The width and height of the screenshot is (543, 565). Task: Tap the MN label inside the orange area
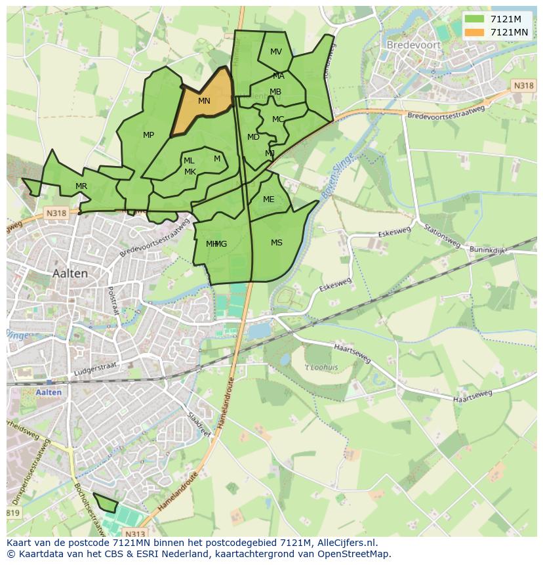tap(204, 101)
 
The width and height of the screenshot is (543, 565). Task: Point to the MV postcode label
tap(276, 52)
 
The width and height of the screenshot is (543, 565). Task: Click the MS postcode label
tap(277, 243)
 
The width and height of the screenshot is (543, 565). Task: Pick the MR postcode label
tap(81, 186)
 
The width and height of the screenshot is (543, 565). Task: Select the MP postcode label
tap(149, 135)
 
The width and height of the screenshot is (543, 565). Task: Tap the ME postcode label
tap(269, 199)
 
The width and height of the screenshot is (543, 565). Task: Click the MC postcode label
tap(278, 119)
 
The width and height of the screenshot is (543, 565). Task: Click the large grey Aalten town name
tap(70, 273)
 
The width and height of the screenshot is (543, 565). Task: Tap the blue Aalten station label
tap(49, 392)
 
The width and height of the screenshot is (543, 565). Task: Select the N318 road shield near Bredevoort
tap(523, 86)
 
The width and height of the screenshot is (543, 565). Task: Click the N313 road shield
tap(134, 534)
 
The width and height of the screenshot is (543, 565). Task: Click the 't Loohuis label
tap(321, 367)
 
